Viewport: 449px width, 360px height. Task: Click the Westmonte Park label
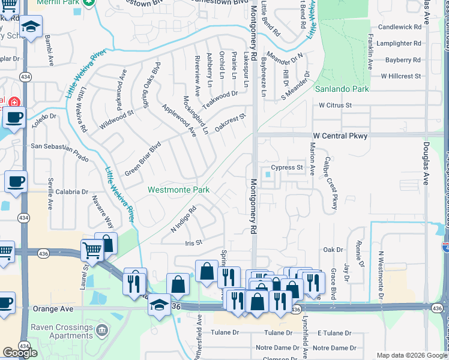[178, 190]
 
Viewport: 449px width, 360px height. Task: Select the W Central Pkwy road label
[339, 136]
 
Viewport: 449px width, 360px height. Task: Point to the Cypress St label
[286, 167]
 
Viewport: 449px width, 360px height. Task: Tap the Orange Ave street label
[53, 308]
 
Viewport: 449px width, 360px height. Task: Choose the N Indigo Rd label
[184, 220]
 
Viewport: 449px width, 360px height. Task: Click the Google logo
[20, 353]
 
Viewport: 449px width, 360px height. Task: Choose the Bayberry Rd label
[403, 60]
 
